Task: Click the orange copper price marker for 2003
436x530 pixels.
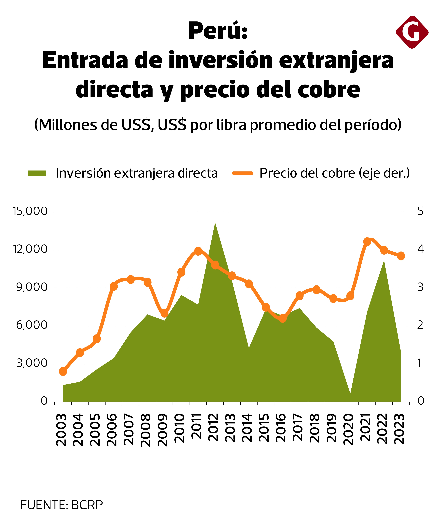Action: [x=63, y=371]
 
